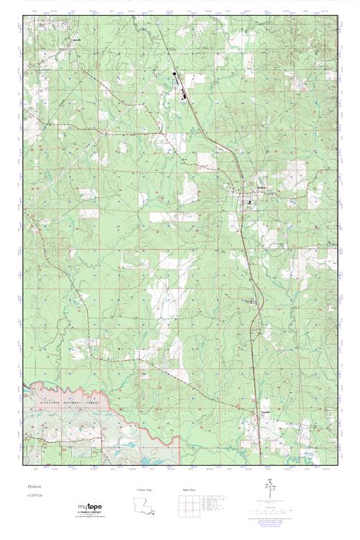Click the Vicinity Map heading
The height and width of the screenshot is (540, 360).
coord(145,489)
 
